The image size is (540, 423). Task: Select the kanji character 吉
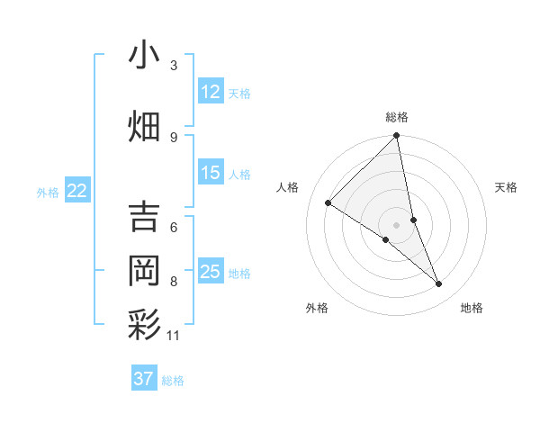pyautogui.click(x=145, y=217)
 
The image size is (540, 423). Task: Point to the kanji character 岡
pyautogui.click(x=145, y=270)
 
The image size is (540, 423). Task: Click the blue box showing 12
pyautogui.click(x=211, y=92)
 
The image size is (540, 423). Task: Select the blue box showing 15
pyautogui.click(x=211, y=173)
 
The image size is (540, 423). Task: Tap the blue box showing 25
pyautogui.click(x=211, y=272)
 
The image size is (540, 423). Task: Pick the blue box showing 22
pyautogui.click(x=77, y=191)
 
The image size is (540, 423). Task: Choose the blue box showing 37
pyautogui.click(x=144, y=379)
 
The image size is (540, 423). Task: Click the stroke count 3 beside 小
pyautogui.click(x=174, y=66)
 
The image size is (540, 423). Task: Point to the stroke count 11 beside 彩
pyautogui.click(x=174, y=336)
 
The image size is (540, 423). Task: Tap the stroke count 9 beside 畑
pyautogui.click(x=174, y=137)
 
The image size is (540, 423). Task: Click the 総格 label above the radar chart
pyautogui.click(x=397, y=117)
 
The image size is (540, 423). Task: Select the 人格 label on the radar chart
pyautogui.click(x=288, y=187)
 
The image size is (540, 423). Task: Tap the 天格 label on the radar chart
pyautogui.click(x=507, y=187)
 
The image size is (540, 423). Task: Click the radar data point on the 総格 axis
pyautogui.click(x=397, y=137)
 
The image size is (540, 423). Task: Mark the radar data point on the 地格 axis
pyautogui.click(x=439, y=284)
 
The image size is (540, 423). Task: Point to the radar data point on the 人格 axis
pyautogui.click(x=328, y=202)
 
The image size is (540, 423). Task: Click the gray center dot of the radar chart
pyautogui.click(x=397, y=224)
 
